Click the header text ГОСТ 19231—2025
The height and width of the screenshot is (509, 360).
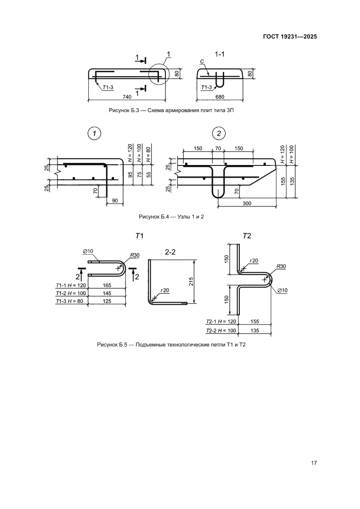click(x=289, y=37)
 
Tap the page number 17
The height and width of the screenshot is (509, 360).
click(x=313, y=463)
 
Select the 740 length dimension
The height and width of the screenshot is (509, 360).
click(x=127, y=97)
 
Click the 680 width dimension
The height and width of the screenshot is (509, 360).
click(x=220, y=97)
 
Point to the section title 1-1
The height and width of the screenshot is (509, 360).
click(x=220, y=54)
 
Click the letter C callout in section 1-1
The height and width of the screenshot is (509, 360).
click(x=202, y=61)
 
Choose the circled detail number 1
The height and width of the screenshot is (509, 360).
click(x=94, y=133)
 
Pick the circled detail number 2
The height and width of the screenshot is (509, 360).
click(x=219, y=133)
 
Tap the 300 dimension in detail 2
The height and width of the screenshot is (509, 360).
click(x=247, y=203)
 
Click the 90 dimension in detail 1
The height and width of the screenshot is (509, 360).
click(x=115, y=201)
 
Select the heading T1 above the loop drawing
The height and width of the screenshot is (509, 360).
click(x=139, y=236)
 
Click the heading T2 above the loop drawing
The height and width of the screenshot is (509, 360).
click(x=247, y=236)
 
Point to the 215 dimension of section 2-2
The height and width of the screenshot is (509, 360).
click(x=191, y=281)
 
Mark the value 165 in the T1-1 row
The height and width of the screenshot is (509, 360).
click(x=107, y=285)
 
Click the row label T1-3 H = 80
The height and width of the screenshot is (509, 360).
click(x=70, y=301)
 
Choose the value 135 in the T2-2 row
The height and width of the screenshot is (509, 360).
click(x=255, y=330)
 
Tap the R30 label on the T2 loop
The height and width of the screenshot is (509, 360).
click(x=281, y=266)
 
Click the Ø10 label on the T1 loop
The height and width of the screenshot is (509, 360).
click(x=88, y=251)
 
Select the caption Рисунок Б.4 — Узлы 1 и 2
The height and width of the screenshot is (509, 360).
click(x=171, y=216)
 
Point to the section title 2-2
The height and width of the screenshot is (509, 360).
click(x=170, y=252)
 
